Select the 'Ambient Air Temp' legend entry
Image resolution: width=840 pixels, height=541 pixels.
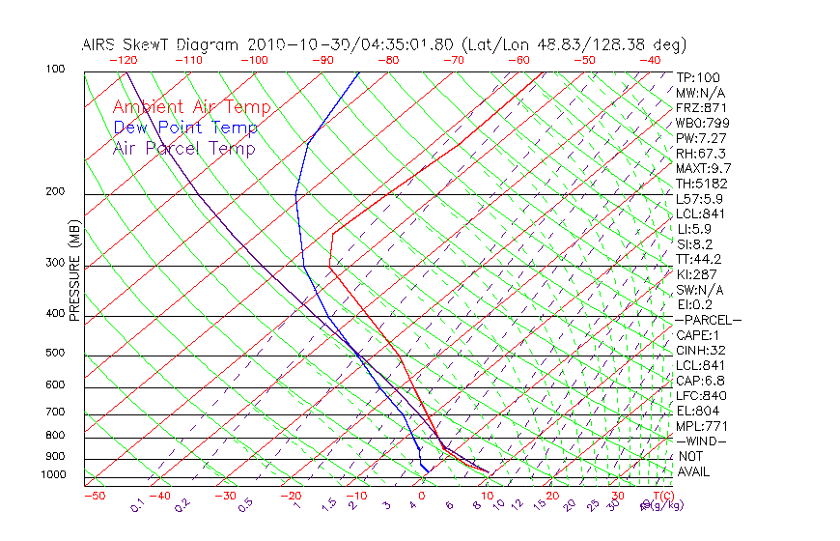192,107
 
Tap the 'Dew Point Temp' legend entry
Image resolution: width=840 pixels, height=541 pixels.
185,128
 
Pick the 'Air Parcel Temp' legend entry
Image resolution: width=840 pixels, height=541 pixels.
184,148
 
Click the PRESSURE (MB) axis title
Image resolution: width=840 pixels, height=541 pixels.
74,271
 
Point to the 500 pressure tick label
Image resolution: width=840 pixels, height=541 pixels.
56,354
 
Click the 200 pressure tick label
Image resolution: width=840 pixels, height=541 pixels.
56,191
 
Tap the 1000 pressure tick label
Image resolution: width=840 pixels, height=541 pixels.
53,475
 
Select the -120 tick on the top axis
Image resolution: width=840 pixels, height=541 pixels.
123,60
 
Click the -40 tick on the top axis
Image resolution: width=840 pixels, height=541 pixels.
651,60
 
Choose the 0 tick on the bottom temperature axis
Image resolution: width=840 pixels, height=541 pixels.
423,496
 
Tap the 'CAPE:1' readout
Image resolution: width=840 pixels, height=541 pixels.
696,334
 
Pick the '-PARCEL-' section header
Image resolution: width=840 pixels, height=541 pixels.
708,320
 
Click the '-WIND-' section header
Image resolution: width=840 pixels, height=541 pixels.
701,441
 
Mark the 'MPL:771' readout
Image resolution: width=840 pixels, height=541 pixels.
700,425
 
